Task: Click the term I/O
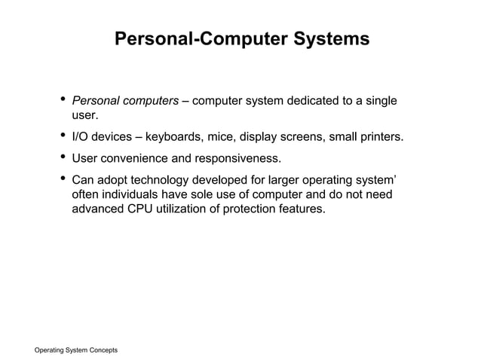(80, 137)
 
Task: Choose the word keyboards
(173, 137)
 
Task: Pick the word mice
(220, 137)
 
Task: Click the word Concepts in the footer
(101, 351)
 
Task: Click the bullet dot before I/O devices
(61, 136)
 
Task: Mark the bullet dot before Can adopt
(61, 180)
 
